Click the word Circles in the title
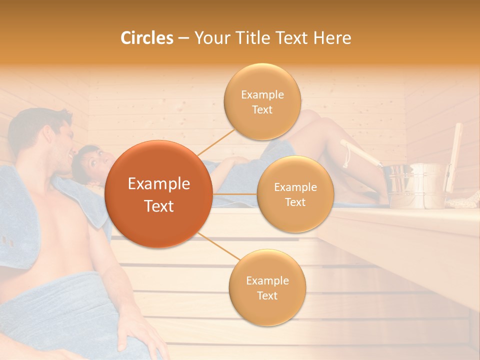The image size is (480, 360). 147,38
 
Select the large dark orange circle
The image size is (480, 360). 159,194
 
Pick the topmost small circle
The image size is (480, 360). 262,101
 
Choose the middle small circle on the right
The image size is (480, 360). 295,194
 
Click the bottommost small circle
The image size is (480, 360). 267,287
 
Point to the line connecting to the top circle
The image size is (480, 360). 216,142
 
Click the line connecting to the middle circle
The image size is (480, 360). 234,193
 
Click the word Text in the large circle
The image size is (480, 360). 159,206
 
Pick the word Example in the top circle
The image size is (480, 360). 262,95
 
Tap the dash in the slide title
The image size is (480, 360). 183,38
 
